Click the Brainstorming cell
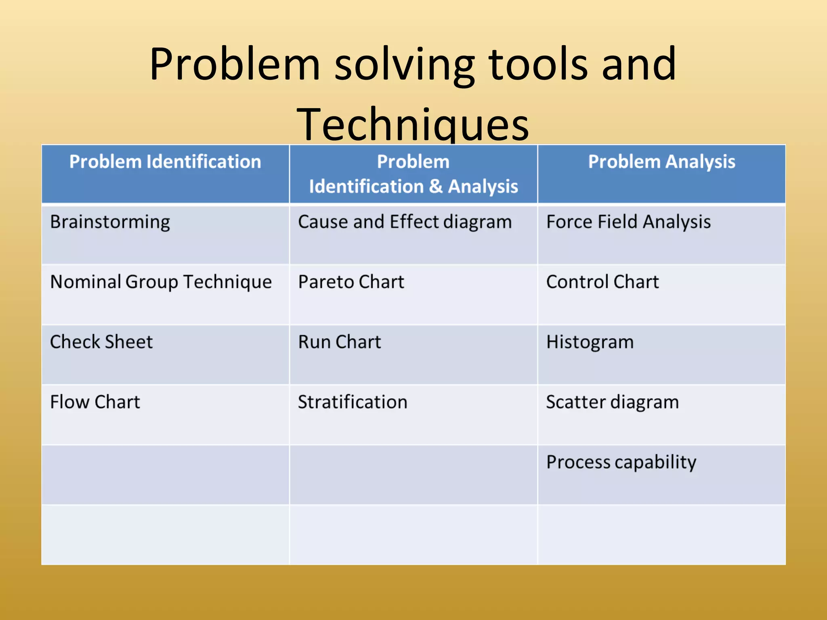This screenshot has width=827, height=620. pyautogui.click(x=110, y=222)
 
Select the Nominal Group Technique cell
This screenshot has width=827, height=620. pyautogui.click(x=161, y=282)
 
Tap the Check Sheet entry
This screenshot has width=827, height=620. pyautogui.click(x=101, y=342)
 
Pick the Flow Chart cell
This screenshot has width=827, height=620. pyautogui.click(x=95, y=402)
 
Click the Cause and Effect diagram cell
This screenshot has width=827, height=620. pyautogui.click(x=405, y=222)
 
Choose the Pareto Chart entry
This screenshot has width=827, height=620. pyautogui.click(x=351, y=282)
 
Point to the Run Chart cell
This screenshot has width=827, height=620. pyautogui.click(x=339, y=342)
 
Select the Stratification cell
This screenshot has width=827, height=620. pyautogui.click(x=353, y=402)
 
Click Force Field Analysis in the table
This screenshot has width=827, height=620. pyautogui.click(x=628, y=222)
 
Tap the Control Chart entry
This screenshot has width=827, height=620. pyautogui.click(x=602, y=282)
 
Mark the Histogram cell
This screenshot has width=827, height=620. pyautogui.click(x=590, y=342)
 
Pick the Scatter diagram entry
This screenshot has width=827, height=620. pyautogui.click(x=612, y=402)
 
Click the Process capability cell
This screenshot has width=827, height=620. pyautogui.click(x=621, y=462)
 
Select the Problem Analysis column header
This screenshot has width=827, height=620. pyautogui.click(x=661, y=162)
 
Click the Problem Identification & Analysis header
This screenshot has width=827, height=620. pyautogui.click(x=413, y=174)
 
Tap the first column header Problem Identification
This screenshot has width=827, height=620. pyautogui.click(x=165, y=162)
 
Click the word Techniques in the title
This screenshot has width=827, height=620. pyautogui.click(x=413, y=124)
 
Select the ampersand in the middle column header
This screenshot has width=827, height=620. pyautogui.click(x=436, y=186)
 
